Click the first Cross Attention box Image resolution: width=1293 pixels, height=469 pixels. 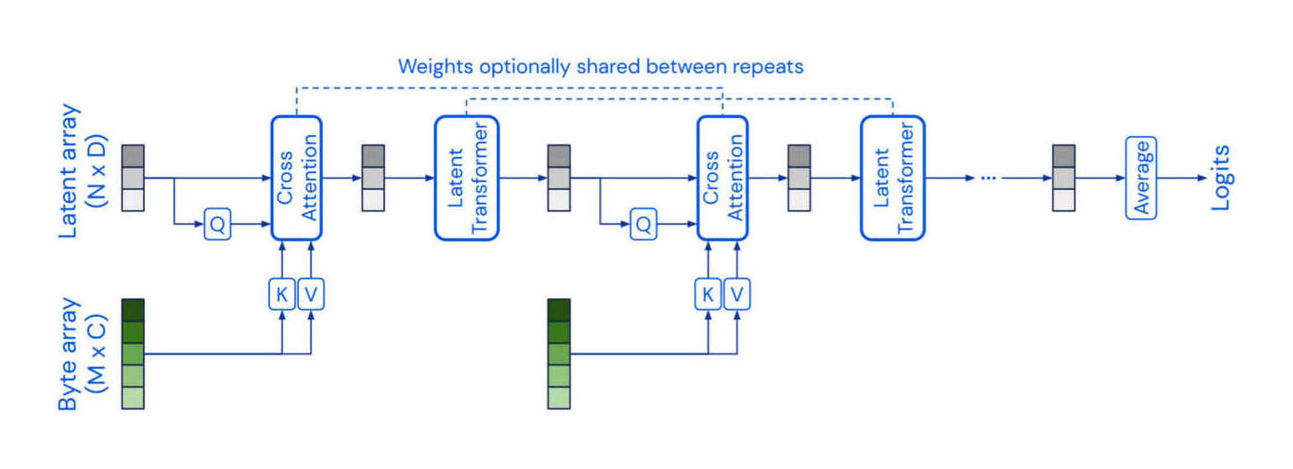point(297,178)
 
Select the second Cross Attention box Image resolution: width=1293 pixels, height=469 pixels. point(721,178)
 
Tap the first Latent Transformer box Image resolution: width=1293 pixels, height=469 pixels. point(467,178)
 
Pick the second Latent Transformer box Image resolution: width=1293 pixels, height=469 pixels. point(892,178)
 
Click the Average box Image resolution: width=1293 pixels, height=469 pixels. point(1140,178)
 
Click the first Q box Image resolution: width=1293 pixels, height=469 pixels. point(217,225)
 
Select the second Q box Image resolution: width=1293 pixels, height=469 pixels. point(643,225)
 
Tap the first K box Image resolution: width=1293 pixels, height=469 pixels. point(282,294)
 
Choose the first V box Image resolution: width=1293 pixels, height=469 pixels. point(311,294)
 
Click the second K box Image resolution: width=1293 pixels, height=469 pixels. point(708,294)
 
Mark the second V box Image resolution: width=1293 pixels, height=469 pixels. point(737,294)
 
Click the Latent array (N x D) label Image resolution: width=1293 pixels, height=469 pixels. point(84,171)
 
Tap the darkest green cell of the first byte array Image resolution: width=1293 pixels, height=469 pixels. point(133,310)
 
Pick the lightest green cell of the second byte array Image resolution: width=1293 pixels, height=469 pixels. point(559,398)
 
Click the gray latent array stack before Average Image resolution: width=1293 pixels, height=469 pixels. point(1063,178)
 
